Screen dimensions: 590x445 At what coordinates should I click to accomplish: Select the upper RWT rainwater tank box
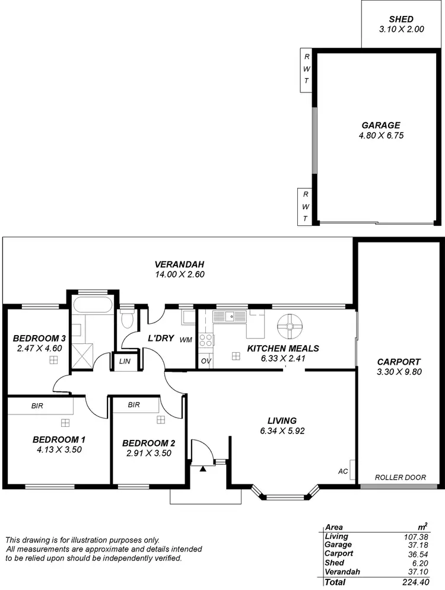point(306,69)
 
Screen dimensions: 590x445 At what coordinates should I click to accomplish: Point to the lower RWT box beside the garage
point(305,206)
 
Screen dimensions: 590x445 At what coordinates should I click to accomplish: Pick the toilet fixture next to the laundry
point(126,319)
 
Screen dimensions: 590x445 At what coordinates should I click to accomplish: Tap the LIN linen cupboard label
point(125,361)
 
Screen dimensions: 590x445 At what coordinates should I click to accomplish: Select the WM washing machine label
point(185,340)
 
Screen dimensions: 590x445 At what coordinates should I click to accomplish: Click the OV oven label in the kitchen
point(205,361)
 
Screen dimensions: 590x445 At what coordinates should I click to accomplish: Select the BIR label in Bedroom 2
point(134,406)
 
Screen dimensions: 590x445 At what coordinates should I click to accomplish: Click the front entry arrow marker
point(203,468)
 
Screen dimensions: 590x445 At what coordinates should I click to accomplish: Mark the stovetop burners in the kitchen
point(206,340)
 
